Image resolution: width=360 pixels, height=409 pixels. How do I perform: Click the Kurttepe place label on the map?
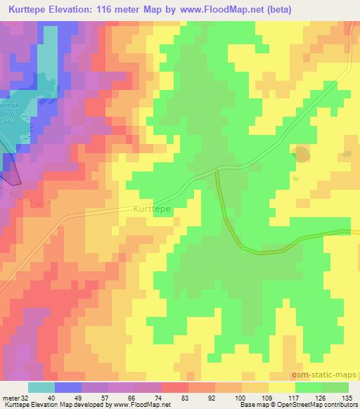tap(152, 209)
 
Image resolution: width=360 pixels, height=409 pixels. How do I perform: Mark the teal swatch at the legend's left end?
tap(41, 387)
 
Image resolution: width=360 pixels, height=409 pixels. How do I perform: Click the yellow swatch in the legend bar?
tap(281, 387)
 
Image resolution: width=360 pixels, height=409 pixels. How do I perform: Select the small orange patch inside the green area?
tap(301, 153)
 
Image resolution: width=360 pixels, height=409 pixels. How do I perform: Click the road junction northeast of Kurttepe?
tap(216, 169)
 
